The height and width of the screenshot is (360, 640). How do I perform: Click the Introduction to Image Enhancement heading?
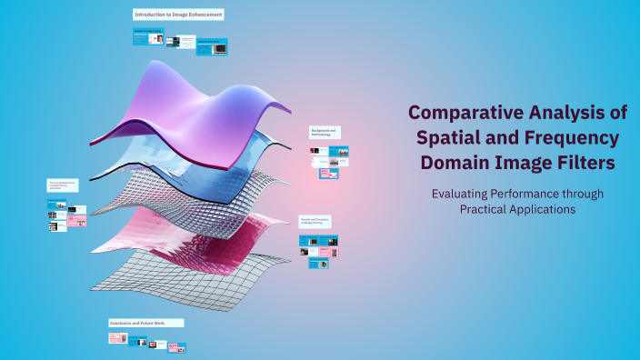tap(178, 15)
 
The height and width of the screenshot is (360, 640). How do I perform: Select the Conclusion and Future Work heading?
tap(145, 323)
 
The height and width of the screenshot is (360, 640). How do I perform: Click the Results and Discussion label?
tap(316, 221)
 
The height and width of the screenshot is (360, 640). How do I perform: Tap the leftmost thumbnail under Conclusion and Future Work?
tap(116, 338)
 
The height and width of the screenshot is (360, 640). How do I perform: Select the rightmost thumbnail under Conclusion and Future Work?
tap(180, 347)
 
